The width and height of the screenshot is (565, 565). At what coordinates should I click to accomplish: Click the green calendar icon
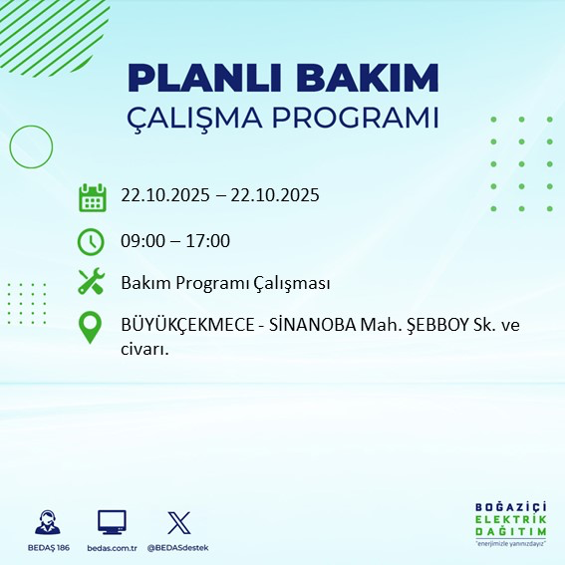[92, 196]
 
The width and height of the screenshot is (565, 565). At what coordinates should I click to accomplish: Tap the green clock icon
[91, 240]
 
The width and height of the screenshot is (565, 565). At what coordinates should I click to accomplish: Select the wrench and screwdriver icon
[91, 283]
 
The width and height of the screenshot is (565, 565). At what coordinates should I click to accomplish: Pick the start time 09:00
[142, 240]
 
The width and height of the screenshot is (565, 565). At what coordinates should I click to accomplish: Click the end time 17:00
[208, 240]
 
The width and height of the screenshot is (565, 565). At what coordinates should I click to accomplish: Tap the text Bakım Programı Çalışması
[224, 283]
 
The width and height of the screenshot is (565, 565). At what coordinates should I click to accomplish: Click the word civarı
[143, 348]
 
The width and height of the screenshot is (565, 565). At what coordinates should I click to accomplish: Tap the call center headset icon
[46, 522]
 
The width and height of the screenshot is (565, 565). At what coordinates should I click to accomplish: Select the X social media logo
[177, 522]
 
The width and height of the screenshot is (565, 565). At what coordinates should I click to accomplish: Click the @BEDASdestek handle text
[178, 548]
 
